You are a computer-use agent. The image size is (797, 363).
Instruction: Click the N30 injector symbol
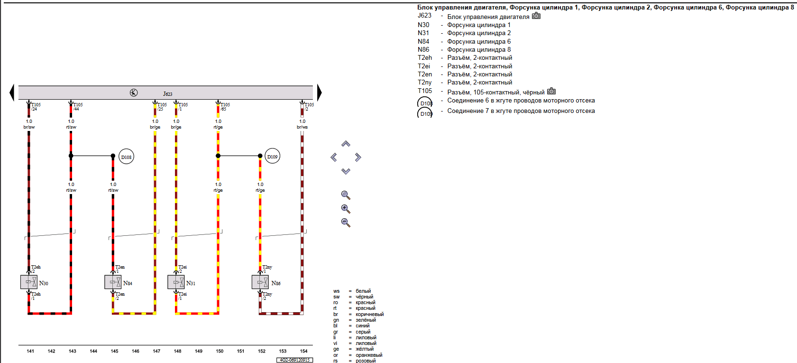(x=29, y=282)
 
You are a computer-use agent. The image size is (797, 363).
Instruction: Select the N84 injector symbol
(x=113, y=282)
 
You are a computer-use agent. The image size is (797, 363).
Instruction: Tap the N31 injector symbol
(x=176, y=282)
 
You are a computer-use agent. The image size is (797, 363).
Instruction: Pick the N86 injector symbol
(x=260, y=282)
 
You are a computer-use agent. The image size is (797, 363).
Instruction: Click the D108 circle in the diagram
(x=126, y=157)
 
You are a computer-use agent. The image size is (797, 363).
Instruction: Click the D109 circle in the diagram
(x=272, y=156)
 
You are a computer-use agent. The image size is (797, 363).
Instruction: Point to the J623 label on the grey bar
(x=168, y=94)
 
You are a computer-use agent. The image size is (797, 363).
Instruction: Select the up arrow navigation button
(x=346, y=144)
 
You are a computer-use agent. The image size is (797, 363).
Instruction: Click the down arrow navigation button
(x=346, y=171)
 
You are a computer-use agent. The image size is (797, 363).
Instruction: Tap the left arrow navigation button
(x=334, y=157)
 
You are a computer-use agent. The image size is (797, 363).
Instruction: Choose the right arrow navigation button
(x=358, y=157)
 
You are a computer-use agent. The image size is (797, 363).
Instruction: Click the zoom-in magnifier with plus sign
(x=346, y=209)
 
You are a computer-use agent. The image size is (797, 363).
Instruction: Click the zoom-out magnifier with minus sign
(x=346, y=223)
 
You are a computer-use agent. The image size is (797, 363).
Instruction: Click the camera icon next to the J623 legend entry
(x=536, y=16)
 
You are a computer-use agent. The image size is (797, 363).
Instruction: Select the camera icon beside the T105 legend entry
(x=551, y=91)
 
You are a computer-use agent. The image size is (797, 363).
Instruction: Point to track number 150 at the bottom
(x=220, y=351)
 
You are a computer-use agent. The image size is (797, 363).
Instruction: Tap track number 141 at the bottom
(x=30, y=351)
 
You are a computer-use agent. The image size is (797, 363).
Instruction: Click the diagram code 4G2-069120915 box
(x=294, y=360)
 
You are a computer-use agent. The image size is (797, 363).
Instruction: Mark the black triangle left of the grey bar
(x=12, y=93)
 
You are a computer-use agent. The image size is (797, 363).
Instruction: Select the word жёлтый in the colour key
(x=365, y=349)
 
